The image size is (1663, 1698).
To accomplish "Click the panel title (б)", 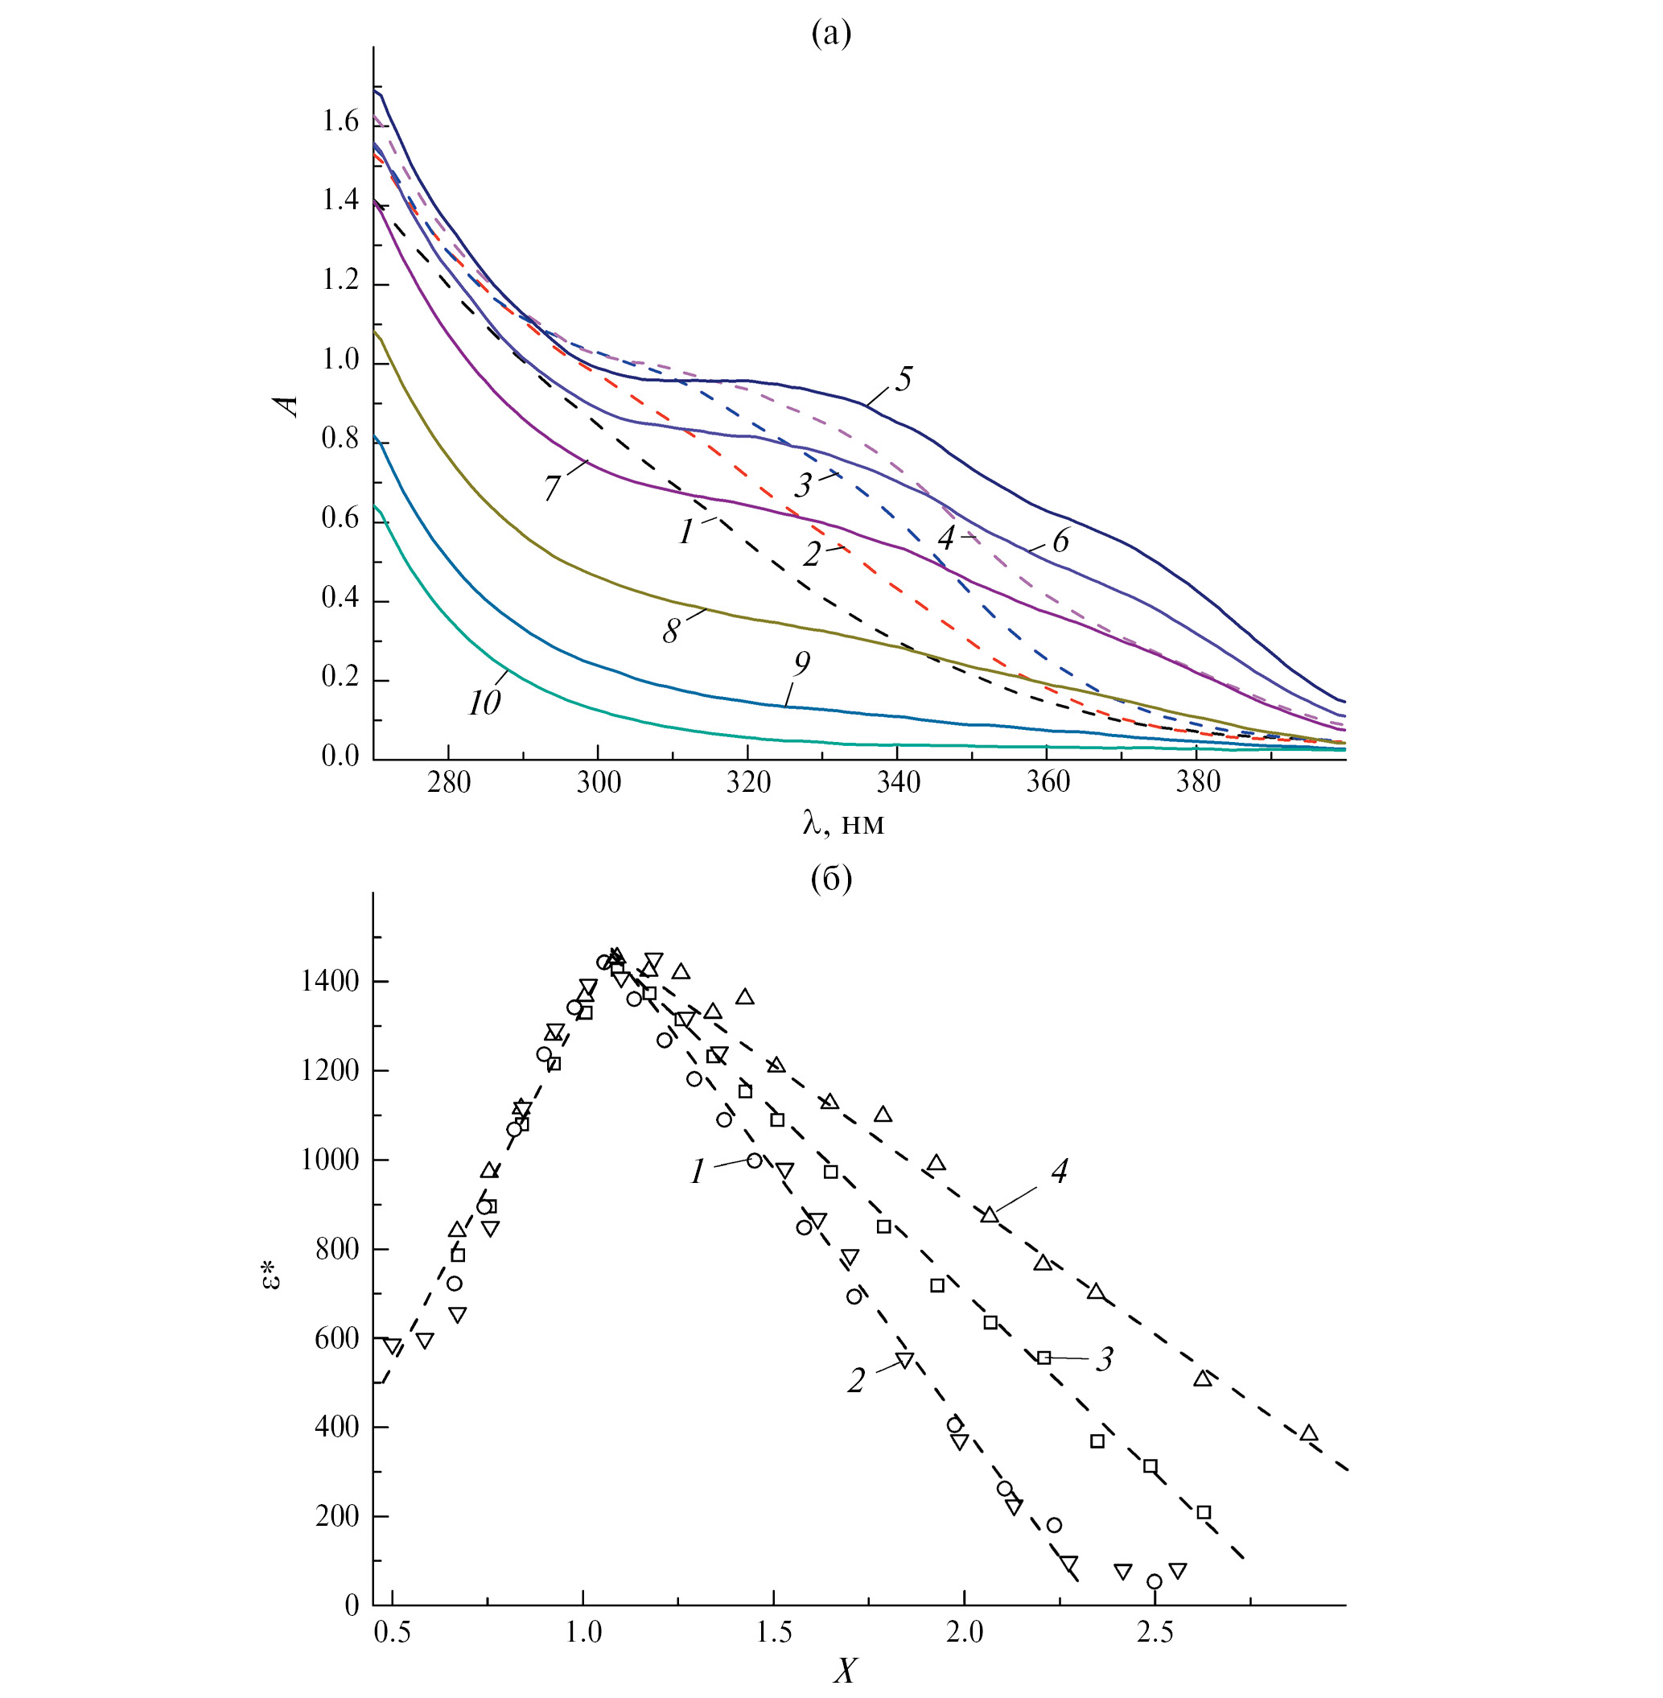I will [830, 879].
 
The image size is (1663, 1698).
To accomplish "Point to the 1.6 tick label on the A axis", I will [340, 122].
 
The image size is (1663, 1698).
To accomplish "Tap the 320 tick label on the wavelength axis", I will [747, 781].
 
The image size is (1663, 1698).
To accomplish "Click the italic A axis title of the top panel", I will [286, 406].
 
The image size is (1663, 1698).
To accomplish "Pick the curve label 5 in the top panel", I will [904, 379].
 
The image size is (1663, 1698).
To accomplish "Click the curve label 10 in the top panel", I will [484, 703].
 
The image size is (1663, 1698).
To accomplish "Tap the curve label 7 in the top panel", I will [551, 487].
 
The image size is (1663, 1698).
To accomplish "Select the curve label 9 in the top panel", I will [801, 664].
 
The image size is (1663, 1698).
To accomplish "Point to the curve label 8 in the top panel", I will [670, 631].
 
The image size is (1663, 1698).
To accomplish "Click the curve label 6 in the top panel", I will [1060, 541].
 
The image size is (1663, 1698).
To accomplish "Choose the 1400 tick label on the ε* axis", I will [330, 982].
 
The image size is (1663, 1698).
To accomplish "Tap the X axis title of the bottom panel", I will [845, 1671].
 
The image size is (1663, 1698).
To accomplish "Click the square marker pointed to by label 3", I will [1043, 1358].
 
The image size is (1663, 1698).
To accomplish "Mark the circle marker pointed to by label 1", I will [755, 1160].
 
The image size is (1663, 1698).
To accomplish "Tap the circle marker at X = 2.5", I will [1155, 1581].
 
